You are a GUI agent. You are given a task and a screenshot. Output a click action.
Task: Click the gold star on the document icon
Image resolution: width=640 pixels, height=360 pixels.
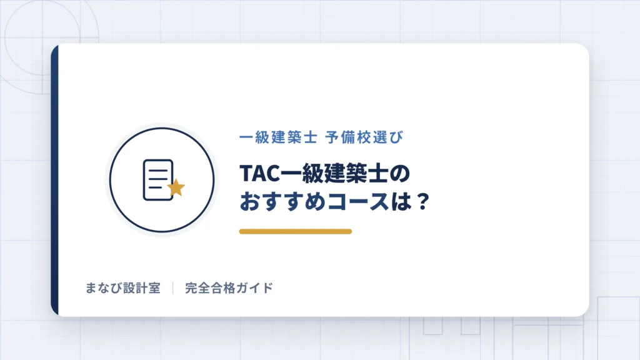pos(176,187)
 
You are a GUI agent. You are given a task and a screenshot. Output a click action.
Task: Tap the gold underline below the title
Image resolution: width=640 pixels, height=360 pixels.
pos(296,231)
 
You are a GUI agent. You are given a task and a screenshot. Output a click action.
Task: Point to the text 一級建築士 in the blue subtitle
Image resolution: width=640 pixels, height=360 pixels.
pos(278,137)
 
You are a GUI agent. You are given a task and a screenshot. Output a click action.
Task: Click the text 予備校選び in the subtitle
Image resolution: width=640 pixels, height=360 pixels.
pos(364,137)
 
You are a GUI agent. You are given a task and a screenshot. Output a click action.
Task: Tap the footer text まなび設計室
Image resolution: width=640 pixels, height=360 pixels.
pos(123,288)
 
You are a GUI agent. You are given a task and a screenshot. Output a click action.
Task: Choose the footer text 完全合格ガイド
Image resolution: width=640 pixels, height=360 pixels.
pos(229,288)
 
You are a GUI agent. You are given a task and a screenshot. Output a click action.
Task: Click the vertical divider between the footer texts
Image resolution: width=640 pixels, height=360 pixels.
pos(173,287)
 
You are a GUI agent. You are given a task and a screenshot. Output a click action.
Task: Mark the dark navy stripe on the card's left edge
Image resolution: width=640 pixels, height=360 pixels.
pos(55,180)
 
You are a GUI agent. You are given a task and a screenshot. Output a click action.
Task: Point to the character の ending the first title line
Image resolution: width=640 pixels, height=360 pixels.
pos(399,174)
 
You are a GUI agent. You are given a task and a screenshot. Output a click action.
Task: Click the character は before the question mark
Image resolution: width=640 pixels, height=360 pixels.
pos(400,202)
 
